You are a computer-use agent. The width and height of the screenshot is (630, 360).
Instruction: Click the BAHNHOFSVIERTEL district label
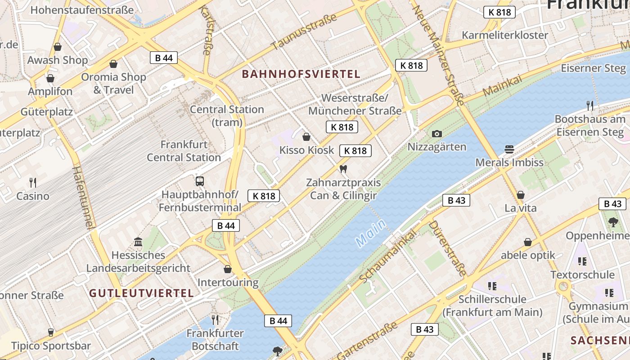tap(301, 74)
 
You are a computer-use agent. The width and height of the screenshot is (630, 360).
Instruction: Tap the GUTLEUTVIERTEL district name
tap(141, 293)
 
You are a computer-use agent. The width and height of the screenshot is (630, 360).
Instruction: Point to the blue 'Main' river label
tap(370, 233)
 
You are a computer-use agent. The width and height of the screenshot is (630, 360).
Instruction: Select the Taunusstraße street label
tap(304, 31)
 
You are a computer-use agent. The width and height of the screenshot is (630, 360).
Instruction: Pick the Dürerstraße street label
tap(447, 248)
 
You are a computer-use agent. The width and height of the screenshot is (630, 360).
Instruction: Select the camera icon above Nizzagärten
tap(436, 134)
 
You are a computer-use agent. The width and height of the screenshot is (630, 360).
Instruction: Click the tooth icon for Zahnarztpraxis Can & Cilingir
tap(343, 169)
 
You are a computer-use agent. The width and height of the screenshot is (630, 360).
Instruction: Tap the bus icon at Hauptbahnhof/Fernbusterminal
tap(200, 181)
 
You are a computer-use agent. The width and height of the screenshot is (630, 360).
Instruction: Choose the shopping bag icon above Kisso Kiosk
tap(306, 137)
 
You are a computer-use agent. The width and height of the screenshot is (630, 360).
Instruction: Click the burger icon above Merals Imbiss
tap(509, 149)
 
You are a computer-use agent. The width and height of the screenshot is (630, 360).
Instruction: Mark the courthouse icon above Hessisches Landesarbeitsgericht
tap(138, 242)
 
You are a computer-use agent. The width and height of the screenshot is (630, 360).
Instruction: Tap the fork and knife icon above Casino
tap(33, 182)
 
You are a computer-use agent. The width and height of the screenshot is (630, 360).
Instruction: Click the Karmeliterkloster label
tap(505, 35)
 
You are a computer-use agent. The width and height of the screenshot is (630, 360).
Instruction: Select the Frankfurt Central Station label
tap(184, 151)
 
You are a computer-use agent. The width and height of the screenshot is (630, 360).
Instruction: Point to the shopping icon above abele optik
tap(528, 242)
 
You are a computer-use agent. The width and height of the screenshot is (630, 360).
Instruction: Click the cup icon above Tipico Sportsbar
tap(51, 333)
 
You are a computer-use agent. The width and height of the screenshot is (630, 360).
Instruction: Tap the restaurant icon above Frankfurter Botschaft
tap(215, 320)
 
